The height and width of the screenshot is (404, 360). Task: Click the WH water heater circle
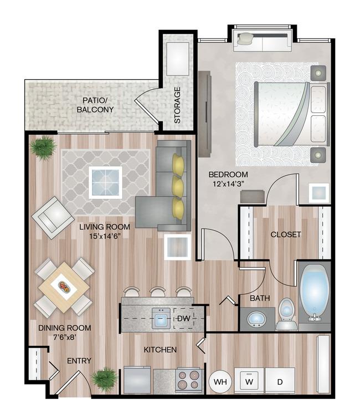tap(220, 381)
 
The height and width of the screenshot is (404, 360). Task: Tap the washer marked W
tap(249, 381)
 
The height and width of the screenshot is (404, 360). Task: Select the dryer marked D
tap(280, 381)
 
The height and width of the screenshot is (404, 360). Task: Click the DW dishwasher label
tap(184, 318)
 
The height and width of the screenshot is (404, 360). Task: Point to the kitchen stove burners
tap(189, 380)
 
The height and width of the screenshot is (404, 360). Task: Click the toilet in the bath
tap(287, 314)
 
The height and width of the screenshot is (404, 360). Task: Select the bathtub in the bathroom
tap(315, 293)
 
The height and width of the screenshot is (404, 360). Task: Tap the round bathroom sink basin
tap(256, 319)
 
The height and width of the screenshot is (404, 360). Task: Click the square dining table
tap(64, 287)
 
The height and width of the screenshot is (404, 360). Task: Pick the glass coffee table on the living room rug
tap(105, 182)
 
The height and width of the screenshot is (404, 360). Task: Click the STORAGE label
tap(177, 105)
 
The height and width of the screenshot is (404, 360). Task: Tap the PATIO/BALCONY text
tap(95, 105)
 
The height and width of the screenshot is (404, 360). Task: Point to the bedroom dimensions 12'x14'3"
tap(228, 184)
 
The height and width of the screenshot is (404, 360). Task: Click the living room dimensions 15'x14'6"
tap(105, 236)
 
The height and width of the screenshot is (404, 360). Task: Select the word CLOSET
tap(286, 234)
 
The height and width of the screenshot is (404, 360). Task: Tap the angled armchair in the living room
tap(53, 218)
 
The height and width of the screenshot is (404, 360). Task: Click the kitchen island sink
tap(161, 319)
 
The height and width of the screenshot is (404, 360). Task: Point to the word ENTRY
tap(79, 361)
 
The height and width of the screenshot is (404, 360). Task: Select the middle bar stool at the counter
tap(158, 292)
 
